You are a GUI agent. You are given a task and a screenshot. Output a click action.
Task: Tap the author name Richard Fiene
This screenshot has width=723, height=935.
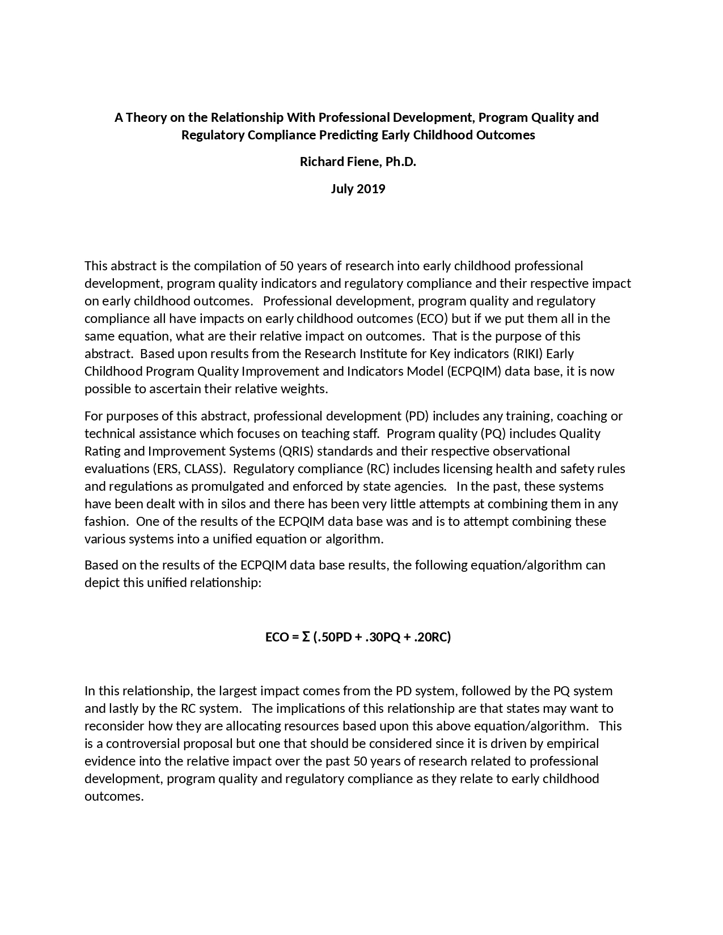tap(339, 161)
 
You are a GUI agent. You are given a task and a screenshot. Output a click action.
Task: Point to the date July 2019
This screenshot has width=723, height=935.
tap(358, 189)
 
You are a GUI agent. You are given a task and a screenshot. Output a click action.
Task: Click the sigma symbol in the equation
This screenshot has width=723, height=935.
tap(306, 637)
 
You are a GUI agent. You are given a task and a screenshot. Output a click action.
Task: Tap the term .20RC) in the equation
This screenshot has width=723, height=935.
tap(432, 637)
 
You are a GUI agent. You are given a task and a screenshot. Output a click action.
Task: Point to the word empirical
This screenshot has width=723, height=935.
tap(572, 743)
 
